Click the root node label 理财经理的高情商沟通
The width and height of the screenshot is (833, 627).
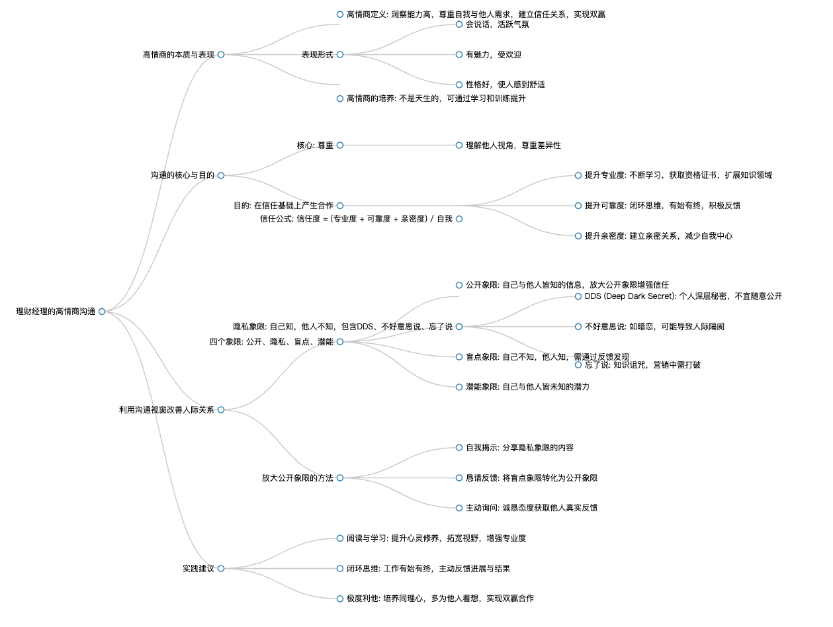(56, 312)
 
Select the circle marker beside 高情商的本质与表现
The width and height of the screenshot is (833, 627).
(221, 54)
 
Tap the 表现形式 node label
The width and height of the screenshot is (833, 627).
(318, 54)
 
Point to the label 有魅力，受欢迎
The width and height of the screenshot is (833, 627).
(493, 55)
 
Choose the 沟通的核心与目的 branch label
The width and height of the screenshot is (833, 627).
(183, 175)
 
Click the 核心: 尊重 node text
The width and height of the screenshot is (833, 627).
(315, 145)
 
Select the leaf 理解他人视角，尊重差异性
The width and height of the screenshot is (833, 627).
(513, 145)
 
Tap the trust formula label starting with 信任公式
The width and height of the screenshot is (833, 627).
(356, 219)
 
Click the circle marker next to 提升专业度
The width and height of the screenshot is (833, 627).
(578, 175)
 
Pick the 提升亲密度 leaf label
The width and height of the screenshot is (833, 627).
(658, 236)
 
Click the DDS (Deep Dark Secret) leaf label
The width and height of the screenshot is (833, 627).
(683, 296)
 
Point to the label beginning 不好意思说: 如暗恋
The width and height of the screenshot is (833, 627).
(654, 327)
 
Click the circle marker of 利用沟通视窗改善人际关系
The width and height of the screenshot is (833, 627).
(221, 410)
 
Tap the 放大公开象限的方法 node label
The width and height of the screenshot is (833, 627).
(298, 478)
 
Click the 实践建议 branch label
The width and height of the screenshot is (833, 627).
(198, 569)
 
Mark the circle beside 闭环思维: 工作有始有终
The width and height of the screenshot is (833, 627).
(340, 569)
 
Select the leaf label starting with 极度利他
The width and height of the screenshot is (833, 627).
(440, 599)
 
